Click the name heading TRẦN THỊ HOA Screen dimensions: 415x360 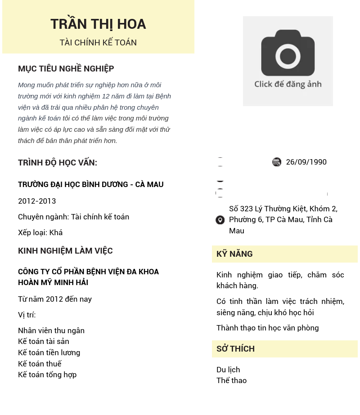pyautogui.click(x=98, y=24)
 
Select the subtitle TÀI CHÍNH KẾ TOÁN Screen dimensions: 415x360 pyautogui.click(x=98, y=43)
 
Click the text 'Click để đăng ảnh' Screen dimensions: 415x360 pyautogui.click(x=288, y=84)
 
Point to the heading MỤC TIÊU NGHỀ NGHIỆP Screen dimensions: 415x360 pyautogui.click(x=66, y=69)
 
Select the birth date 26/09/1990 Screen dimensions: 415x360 pyautogui.click(x=306, y=162)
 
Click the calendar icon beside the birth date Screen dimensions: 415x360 pyautogui.click(x=277, y=162)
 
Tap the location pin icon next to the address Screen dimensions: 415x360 pyautogui.click(x=220, y=220)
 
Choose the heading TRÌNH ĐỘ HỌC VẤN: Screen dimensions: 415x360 pyautogui.click(x=58, y=163)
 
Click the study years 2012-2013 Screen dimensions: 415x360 pyautogui.click(x=37, y=201)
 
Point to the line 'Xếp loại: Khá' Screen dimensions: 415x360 pyautogui.click(x=40, y=232)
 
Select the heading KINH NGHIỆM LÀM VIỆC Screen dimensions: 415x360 pyautogui.click(x=65, y=251)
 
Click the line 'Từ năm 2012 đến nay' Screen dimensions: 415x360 pyautogui.click(x=55, y=299)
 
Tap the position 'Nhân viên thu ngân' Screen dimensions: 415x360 pyautogui.click(x=51, y=330)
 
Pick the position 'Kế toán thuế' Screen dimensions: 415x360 pyautogui.click(x=40, y=364)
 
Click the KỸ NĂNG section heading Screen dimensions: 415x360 pyautogui.click(x=234, y=254)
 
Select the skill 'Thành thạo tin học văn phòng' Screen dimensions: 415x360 pyautogui.click(x=268, y=328)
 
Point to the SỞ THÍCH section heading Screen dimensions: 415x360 pyautogui.click(x=235, y=349)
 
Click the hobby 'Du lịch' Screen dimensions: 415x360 pyautogui.click(x=228, y=370)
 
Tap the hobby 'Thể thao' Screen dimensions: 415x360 pyautogui.click(x=232, y=380)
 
